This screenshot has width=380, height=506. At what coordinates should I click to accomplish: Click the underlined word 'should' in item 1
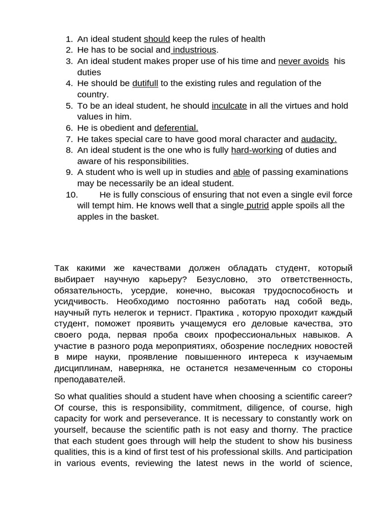157,39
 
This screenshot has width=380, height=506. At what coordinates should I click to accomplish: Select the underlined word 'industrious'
194,50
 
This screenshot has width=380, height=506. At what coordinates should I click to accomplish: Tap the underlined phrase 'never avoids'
303,61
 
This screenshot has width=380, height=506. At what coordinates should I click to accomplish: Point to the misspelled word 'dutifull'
145,84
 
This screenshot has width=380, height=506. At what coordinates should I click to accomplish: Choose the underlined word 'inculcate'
229,106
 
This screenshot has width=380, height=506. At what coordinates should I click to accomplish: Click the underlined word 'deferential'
176,128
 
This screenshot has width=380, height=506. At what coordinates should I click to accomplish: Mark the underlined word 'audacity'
319,139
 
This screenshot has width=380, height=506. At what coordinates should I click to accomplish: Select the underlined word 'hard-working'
257,150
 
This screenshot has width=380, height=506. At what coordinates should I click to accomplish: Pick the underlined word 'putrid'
257,206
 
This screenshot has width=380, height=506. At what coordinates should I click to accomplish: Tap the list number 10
72,195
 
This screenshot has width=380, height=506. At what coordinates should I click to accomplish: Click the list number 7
69,139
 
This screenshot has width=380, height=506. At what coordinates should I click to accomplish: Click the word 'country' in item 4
92,94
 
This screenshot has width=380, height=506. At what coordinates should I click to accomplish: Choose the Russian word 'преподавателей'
89,379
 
